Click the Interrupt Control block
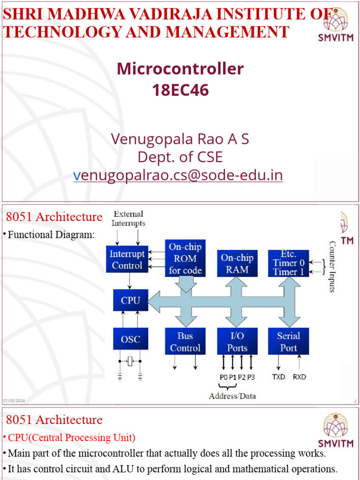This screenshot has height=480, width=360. point(127,259)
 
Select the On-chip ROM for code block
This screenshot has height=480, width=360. point(185,258)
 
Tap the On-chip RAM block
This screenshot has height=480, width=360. point(237,263)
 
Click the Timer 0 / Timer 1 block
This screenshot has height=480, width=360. point(288,263)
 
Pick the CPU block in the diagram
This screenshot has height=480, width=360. point(130,300)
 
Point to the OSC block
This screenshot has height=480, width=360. point(130,339)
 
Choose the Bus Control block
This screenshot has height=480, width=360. point(185,342)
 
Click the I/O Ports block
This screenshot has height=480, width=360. point(237,342)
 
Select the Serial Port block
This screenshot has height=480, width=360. point(288,342)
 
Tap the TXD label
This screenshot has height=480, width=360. point(278,376)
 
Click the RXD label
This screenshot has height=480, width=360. point(300,376)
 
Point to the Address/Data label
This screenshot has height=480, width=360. point(232,396)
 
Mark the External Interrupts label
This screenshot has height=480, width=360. point(128,218)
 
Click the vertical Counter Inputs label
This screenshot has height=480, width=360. point(332,266)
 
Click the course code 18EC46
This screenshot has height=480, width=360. point(180,90)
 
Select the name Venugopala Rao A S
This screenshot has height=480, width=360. point(180,139)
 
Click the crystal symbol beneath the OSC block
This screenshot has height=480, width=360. point(130,360)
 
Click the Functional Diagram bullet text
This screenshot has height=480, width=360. point(51,234)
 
